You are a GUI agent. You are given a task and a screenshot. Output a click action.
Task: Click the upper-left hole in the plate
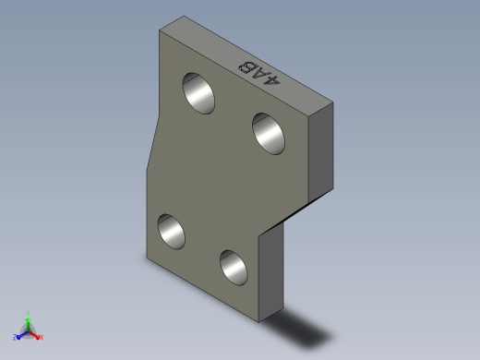tap(198, 93)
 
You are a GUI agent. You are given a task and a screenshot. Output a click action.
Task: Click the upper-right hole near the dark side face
tap(269, 134)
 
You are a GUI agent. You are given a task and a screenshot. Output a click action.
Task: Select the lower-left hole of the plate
tap(171, 232)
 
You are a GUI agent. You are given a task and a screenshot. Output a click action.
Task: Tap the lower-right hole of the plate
tap(234, 268)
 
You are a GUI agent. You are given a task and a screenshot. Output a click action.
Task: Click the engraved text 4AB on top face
tap(259, 74)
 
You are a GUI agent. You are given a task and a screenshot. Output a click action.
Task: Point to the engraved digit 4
tap(272, 80)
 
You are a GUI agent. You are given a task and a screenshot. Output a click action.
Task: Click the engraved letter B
tap(246, 66)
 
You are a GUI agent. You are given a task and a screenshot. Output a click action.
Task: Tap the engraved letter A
tap(259, 74)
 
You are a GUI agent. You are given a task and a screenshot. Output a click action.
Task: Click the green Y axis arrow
tap(28, 324)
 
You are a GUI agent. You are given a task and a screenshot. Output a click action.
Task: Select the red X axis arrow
tap(34, 335)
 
